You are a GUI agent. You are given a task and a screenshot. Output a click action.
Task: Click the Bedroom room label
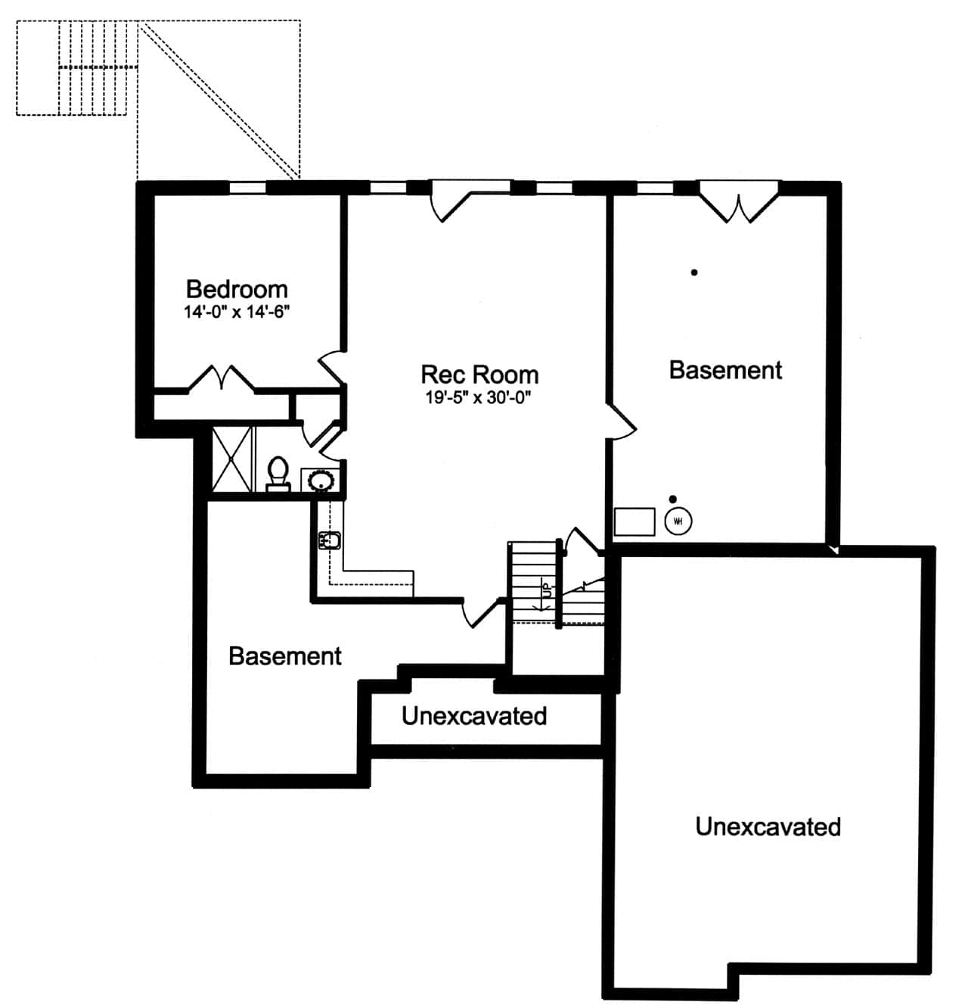point(237,289)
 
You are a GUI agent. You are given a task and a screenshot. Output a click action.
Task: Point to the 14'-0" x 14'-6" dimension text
point(237,312)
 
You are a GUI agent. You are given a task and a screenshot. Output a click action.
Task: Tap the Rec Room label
point(479,375)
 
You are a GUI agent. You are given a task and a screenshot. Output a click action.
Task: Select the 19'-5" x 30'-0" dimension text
point(479,397)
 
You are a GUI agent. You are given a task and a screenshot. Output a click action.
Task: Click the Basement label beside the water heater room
point(725,370)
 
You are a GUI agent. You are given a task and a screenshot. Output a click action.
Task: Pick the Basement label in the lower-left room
point(285,656)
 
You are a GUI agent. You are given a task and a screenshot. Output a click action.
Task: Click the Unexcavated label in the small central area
point(474,716)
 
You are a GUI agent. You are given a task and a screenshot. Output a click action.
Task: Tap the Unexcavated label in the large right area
point(768,826)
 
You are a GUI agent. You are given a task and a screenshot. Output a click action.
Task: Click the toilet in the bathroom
point(278,474)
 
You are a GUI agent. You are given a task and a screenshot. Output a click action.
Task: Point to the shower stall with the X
point(231,459)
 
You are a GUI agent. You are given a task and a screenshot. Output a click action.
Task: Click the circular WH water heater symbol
point(678,521)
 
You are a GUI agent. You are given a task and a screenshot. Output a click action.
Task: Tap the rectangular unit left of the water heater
point(634,521)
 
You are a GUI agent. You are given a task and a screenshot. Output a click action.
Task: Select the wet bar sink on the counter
point(330,540)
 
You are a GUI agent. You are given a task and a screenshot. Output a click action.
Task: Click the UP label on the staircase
point(544,589)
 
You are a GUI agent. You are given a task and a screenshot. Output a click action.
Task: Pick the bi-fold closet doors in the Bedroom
point(221,378)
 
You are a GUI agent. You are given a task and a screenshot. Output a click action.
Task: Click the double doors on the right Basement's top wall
point(738,203)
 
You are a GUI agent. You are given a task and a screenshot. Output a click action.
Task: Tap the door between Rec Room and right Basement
point(622,421)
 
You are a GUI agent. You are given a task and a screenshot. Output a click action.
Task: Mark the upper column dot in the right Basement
point(694,272)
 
